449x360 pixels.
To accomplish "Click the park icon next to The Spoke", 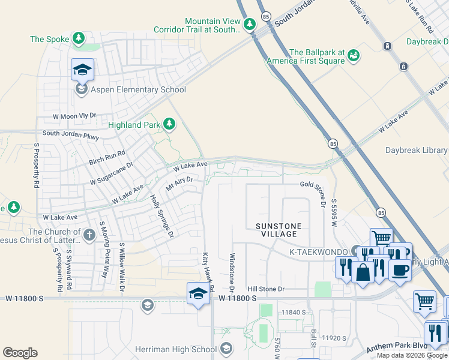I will [x=79, y=39].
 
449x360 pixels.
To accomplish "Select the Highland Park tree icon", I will [x=170, y=124].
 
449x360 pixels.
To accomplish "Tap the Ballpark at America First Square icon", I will [x=354, y=56].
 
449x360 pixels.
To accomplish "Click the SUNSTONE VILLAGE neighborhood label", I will [x=277, y=230].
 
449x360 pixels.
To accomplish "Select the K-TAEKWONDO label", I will [x=319, y=252].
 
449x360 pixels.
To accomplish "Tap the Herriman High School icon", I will [x=226, y=349].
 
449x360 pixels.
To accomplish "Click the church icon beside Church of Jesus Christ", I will [x=89, y=235].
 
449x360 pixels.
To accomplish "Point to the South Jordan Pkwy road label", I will [x=70, y=134].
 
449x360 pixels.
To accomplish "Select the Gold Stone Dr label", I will [x=313, y=190].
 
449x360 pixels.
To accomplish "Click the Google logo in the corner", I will [x=20, y=353].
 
